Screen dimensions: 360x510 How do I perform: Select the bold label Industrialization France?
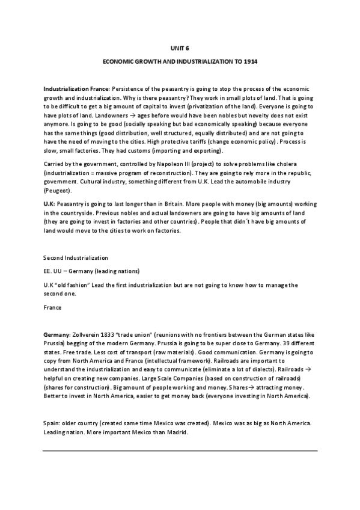click(77, 87)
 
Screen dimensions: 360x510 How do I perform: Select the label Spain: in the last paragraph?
click(52, 422)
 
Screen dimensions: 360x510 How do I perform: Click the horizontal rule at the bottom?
click(180, 450)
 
